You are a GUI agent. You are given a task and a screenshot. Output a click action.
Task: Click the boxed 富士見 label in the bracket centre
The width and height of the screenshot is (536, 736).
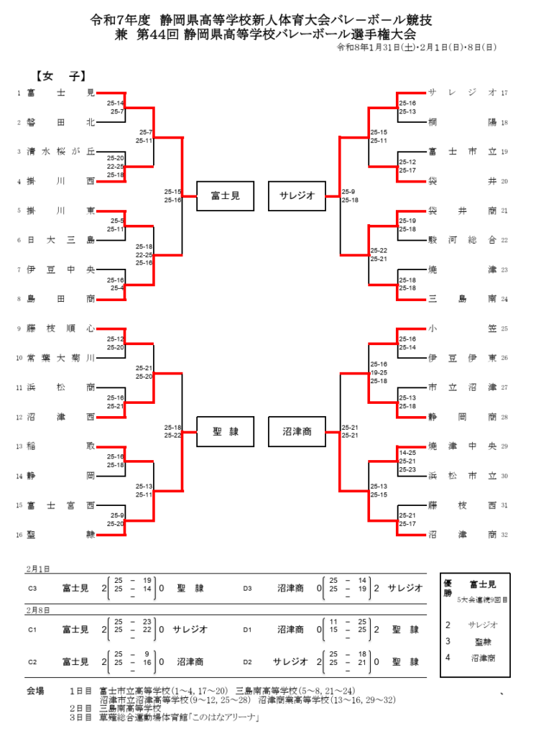[x=226, y=195]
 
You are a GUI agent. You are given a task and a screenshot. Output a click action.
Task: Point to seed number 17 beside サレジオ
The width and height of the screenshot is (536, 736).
[x=504, y=93]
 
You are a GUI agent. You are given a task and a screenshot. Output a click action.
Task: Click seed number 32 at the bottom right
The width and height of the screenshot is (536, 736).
[x=504, y=534]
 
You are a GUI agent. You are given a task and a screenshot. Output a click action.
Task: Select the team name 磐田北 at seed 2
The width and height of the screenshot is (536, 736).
[x=60, y=122]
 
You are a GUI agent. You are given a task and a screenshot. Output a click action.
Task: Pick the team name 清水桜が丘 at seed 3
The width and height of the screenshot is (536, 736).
[x=60, y=152]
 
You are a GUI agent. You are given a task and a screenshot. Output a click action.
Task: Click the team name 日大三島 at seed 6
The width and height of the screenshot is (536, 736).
[x=60, y=240]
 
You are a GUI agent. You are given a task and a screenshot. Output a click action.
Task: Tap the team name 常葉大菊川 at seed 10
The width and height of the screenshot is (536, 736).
[x=60, y=357]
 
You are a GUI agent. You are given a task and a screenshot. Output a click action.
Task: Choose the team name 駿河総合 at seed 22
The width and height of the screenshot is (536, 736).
[x=462, y=240]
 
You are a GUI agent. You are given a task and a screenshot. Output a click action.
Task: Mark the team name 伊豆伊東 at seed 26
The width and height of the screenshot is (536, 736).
[x=462, y=357]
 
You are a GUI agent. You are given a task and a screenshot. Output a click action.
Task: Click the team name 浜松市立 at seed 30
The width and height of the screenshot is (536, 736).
[x=462, y=475]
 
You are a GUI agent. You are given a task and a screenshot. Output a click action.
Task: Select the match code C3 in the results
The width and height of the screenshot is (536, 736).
[x=32, y=588]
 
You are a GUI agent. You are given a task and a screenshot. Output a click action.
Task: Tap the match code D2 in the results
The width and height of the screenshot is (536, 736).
[x=248, y=661]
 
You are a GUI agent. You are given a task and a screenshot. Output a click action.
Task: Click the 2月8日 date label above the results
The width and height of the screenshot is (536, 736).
[x=39, y=609]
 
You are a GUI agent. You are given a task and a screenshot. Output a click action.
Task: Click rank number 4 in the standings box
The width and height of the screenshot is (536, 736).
[x=448, y=657]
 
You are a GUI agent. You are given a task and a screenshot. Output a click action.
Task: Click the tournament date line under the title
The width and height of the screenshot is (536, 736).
[x=416, y=48]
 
